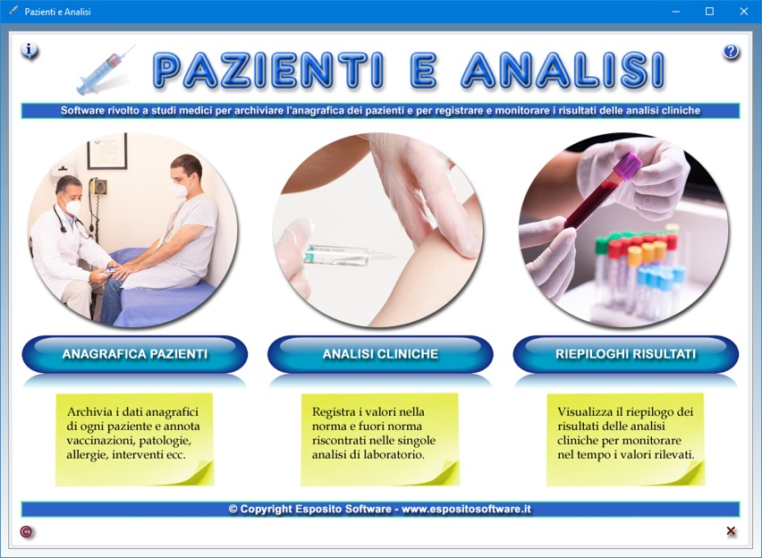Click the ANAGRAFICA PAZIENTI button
(x=135, y=354)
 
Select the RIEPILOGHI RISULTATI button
(x=625, y=354)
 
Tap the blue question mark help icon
(x=731, y=51)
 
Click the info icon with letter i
(x=30, y=50)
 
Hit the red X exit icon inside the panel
(x=731, y=531)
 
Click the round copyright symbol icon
(x=26, y=532)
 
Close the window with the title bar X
(x=743, y=12)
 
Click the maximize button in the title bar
(x=709, y=12)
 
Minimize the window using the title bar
(x=675, y=12)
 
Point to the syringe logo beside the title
(x=105, y=71)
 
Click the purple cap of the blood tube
(x=627, y=165)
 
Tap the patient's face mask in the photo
(x=181, y=189)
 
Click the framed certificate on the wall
(x=107, y=151)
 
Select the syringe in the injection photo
(x=348, y=255)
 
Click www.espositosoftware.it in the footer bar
(x=467, y=509)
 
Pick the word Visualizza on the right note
(x=585, y=411)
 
